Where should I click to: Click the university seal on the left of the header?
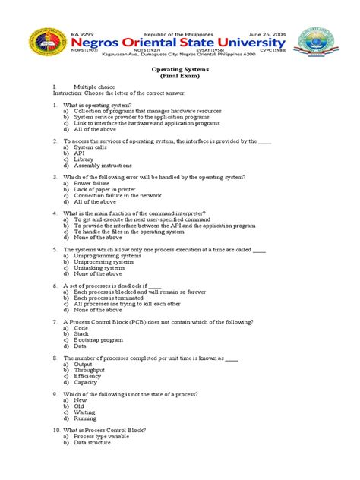pyautogui.click(x=38, y=43)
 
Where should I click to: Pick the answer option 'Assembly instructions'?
pyautogui.click(x=103, y=166)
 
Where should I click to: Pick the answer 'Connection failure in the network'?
pyautogui.click(x=118, y=195)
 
